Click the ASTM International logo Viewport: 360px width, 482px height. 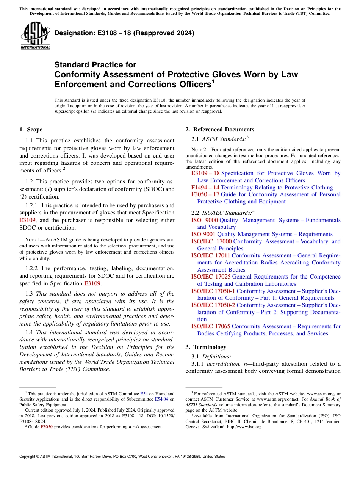point(35,36)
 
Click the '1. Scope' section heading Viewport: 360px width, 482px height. point(31,130)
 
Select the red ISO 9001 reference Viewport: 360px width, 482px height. point(203,234)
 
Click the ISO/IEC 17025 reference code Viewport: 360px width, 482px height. point(211,277)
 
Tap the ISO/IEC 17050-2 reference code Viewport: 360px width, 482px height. point(213,305)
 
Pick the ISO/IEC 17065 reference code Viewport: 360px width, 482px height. point(211,326)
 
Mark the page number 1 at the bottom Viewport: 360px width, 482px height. point(180,466)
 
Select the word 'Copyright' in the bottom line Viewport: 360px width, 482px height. point(28,457)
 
